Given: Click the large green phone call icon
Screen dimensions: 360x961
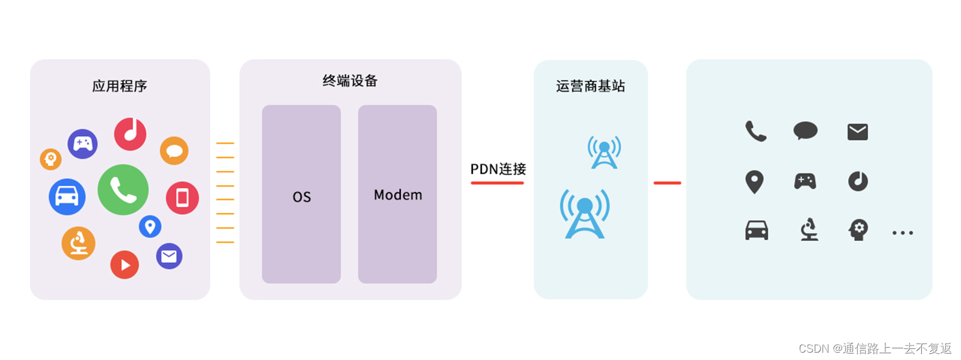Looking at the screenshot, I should click(123, 190).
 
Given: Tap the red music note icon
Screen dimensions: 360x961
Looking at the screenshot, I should click(130, 134).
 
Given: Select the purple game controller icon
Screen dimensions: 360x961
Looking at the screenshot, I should click(82, 144).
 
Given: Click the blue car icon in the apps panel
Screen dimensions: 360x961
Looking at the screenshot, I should click(67, 196).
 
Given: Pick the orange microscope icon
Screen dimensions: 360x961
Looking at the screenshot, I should click(78, 243).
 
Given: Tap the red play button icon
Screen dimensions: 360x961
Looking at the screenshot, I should click(124, 265).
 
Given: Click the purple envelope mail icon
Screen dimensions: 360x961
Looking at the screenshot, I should click(169, 256).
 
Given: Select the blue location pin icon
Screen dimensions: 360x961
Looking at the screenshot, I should click(150, 226).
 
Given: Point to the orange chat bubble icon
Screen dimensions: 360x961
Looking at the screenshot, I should click(174, 151).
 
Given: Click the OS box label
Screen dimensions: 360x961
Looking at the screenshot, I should click(301, 196).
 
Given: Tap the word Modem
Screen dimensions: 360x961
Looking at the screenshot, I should click(398, 195).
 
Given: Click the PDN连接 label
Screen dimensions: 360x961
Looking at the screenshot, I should click(498, 169).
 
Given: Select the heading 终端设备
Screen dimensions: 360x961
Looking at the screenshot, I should click(350, 81).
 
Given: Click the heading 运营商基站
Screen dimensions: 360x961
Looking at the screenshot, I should click(590, 86).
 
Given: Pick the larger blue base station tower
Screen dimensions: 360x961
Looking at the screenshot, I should click(585, 214).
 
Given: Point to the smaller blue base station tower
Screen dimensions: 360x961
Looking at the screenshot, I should click(604, 152).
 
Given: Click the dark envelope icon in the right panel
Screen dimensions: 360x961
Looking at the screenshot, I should click(857, 131).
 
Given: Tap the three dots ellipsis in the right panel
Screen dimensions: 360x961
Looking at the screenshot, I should click(902, 232).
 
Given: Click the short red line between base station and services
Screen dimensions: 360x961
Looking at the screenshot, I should click(667, 182).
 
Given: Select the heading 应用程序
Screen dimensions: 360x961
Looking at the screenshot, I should click(120, 86).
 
